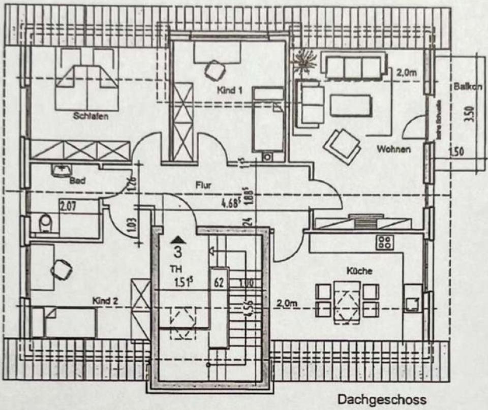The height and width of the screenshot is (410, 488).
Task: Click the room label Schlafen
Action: pos(90,116)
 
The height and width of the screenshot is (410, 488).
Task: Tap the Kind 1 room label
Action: pos(229,90)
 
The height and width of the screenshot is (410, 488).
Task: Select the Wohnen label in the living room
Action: pos(393,149)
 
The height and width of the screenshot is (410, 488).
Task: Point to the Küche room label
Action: pos(359,271)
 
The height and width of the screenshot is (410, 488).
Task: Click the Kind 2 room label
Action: pos(105,301)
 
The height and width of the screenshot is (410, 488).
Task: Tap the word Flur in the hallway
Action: pos(203,185)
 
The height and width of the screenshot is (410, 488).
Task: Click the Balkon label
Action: pos(468,87)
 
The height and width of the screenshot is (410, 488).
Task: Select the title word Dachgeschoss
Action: pos(382,400)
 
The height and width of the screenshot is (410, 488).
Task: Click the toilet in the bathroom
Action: pos(45,223)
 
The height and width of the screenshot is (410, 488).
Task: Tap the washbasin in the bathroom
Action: pos(60,170)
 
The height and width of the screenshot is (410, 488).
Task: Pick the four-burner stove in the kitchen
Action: pos(384,242)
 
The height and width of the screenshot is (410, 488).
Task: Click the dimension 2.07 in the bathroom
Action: pos(69,206)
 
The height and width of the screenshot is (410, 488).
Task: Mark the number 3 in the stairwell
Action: pos(178,251)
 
